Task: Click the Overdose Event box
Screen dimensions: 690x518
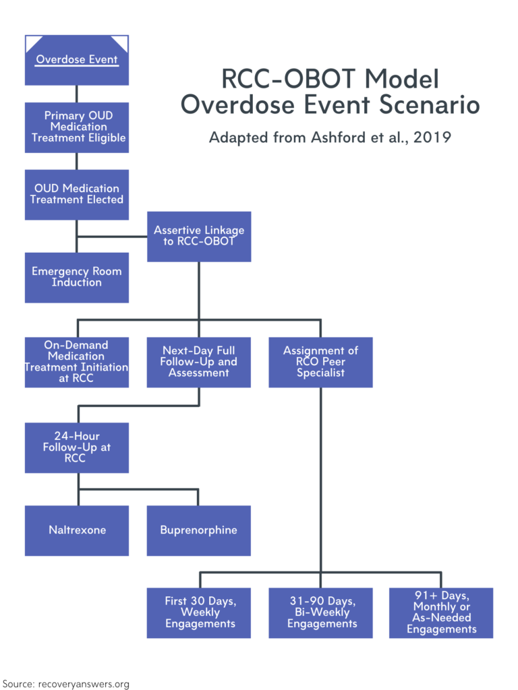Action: [x=77, y=60]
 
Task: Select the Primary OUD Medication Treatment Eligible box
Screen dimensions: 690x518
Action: [x=77, y=127]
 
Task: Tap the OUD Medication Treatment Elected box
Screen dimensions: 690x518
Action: [x=77, y=194]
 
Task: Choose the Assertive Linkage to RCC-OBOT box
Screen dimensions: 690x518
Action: [x=199, y=236]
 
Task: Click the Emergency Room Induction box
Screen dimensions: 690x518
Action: [x=77, y=277]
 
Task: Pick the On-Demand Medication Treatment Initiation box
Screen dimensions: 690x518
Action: [x=77, y=362]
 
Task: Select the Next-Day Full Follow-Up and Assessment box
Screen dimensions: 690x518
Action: [x=199, y=362]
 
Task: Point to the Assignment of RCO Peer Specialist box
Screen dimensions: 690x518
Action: [x=320, y=362]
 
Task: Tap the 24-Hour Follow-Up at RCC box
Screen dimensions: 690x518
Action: [x=77, y=447]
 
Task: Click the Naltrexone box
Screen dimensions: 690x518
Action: [x=77, y=530]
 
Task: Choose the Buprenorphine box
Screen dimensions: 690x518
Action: [x=199, y=530]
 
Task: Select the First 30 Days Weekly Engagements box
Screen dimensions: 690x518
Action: [x=199, y=613]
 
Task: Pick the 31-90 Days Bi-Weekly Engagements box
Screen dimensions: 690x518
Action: [x=320, y=613]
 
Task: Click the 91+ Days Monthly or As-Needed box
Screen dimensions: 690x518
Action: [x=441, y=613]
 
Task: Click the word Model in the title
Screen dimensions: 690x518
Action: [x=403, y=80]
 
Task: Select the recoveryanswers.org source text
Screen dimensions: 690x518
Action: [x=86, y=683]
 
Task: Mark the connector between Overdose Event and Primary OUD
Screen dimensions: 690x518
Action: [x=77, y=94]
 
